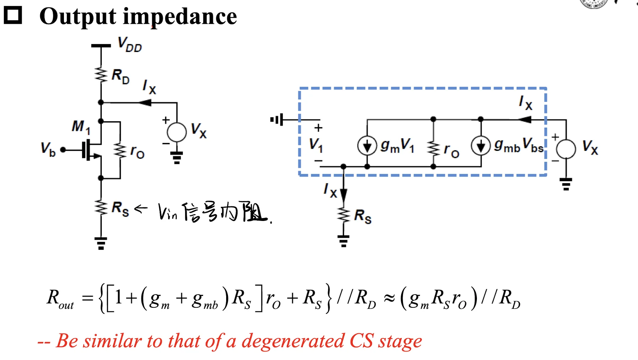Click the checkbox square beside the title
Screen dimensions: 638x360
coord(13,15)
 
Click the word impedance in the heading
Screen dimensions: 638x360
coord(180,17)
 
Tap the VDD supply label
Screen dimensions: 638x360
coord(130,44)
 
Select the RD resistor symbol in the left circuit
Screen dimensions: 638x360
coord(101,75)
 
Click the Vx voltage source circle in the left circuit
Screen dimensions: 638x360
coord(177,132)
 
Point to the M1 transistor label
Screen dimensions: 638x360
coord(81,127)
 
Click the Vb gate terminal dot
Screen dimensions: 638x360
coord(63,150)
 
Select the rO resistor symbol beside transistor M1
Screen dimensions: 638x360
coord(120,150)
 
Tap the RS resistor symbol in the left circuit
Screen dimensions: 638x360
coord(101,207)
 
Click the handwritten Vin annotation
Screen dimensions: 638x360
coord(168,212)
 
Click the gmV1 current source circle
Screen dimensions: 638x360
coord(367,145)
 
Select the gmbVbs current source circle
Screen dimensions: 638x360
coord(481,145)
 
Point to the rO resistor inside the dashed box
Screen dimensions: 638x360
coord(433,148)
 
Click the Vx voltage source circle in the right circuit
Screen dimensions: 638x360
coord(566,149)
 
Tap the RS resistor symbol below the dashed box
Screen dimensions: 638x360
coord(344,215)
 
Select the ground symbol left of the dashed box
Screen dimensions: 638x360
coord(277,120)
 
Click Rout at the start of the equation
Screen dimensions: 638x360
coord(60,299)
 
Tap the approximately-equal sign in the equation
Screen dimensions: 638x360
coord(389,298)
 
